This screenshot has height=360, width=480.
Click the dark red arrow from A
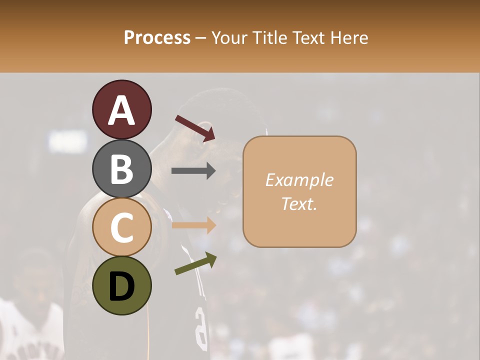click(195, 127)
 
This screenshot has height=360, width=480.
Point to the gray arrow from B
click(193, 171)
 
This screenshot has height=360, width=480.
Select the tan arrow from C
click(193, 225)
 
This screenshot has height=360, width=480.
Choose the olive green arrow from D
click(195, 263)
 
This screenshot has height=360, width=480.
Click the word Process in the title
click(157, 37)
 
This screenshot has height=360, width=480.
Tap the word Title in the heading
click(268, 37)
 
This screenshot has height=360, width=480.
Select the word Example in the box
click(299, 180)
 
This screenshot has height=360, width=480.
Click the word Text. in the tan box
click(299, 203)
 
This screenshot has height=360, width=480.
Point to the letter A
click(121, 110)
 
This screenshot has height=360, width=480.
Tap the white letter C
click(121, 228)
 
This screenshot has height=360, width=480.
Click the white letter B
click(121, 169)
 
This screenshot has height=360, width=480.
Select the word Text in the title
click(308, 37)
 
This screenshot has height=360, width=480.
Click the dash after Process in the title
click(200, 38)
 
